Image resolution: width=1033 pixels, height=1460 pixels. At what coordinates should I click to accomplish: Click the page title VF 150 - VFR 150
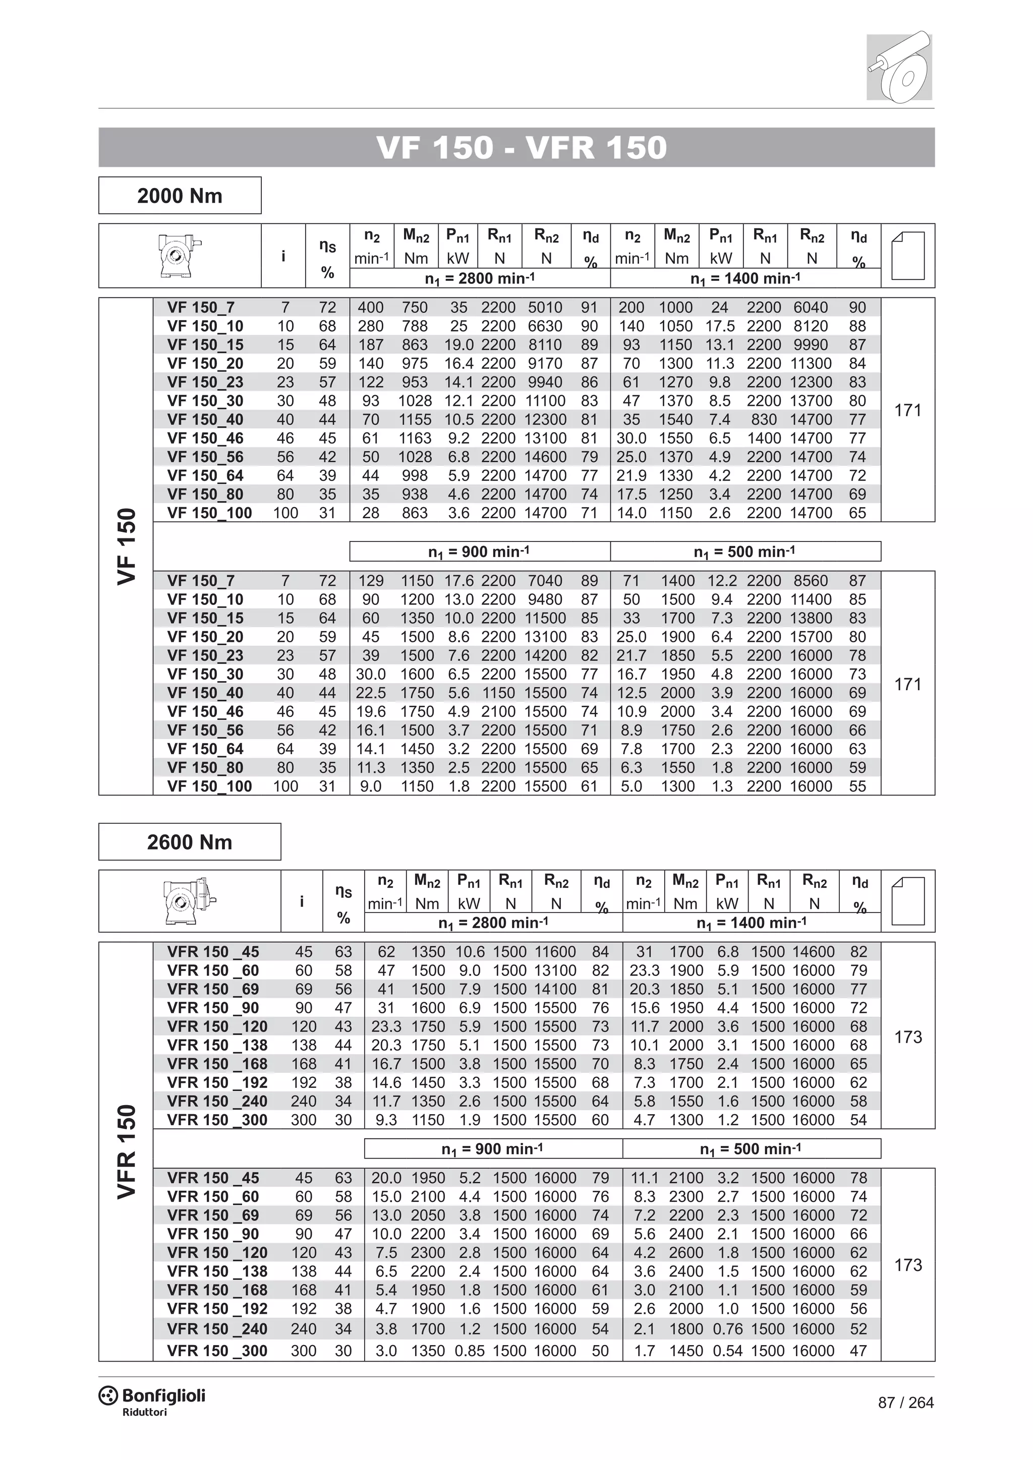coord(522,148)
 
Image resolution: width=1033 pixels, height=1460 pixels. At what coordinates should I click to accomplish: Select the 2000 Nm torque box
coord(180,196)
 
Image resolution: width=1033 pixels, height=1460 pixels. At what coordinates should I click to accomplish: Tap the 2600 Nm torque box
coord(190,842)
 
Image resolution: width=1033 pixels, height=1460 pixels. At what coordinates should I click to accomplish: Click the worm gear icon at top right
coord(899,67)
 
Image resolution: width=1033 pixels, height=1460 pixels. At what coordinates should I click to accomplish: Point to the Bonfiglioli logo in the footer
coord(153,1396)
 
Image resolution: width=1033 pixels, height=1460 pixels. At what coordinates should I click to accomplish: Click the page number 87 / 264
coord(905,1402)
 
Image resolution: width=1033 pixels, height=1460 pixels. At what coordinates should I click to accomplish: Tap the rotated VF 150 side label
coord(127,546)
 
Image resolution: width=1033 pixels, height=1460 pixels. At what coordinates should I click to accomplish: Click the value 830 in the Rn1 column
coord(764,419)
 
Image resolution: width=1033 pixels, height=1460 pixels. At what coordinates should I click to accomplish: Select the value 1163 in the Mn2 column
coord(415,438)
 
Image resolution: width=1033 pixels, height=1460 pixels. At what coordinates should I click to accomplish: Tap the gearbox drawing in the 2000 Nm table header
coord(180,255)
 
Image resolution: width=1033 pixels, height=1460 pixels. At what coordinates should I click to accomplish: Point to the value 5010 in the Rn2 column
coord(545,308)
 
